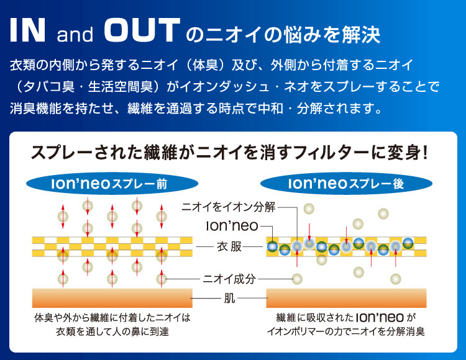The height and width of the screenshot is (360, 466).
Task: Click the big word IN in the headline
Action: [27, 30]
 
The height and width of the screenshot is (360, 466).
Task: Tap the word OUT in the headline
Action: [142, 30]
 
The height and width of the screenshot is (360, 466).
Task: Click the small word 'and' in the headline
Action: [75, 34]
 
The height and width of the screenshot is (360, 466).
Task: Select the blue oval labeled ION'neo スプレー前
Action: [112, 184]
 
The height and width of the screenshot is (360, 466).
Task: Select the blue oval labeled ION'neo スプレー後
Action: [346, 184]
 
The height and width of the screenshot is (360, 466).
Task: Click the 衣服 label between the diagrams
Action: [229, 246]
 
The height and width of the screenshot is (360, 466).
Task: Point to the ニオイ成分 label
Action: [229, 279]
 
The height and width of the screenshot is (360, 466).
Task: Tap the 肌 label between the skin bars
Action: [229, 298]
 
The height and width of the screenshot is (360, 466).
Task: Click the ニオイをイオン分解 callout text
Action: [228, 207]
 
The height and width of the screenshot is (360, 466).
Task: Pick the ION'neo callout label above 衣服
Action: [232, 226]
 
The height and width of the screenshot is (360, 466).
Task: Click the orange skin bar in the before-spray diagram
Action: [112, 298]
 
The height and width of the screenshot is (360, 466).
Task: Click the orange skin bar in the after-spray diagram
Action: [346, 298]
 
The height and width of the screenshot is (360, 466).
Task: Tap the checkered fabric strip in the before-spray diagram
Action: [112, 246]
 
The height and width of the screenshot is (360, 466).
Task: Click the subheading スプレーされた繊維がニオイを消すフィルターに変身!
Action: [229, 153]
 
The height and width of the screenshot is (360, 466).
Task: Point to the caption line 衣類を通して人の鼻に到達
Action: [112, 331]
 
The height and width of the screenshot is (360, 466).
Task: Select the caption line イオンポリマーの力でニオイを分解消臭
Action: [346, 331]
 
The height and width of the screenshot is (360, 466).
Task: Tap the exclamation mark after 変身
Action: [425, 153]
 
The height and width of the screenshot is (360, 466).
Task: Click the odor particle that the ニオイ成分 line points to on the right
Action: [297, 279]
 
